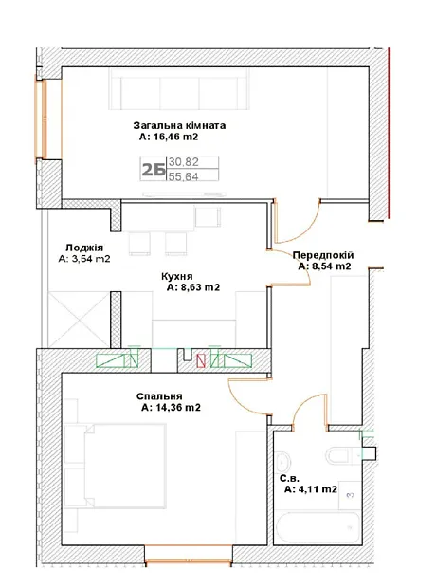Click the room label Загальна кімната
click(x=179, y=125)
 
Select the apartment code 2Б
click(x=154, y=170)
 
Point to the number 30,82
click(x=183, y=162)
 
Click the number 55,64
click(x=183, y=176)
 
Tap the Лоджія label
click(x=84, y=248)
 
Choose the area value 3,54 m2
click(x=84, y=259)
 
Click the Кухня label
click(x=177, y=276)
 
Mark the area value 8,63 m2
click(x=193, y=287)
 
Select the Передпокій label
click(x=323, y=255)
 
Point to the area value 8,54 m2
click(x=325, y=266)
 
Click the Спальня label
click(x=159, y=396)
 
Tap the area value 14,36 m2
click(x=171, y=407)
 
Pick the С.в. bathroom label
click(x=289, y=479)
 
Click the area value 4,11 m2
click(x=311, y=489)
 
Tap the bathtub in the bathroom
click(x=318, y=527)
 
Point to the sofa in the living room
click(x=179, y=89)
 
